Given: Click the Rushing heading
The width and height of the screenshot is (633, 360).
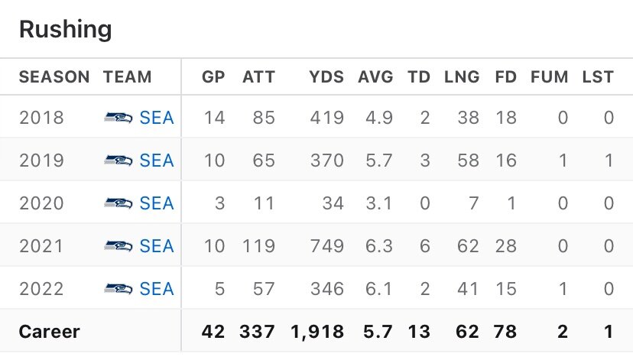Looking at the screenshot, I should (x=65, y=30).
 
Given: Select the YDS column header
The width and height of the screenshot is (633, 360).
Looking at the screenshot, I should (x=326, y=77).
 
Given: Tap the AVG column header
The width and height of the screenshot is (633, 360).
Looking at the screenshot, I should (x=375, y=77).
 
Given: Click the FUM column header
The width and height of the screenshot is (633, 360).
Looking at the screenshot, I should (x=550, y=77).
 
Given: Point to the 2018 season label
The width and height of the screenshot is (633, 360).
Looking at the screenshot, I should (x=41, y=118).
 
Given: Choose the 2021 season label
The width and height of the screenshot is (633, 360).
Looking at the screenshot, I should (x=41, y=246).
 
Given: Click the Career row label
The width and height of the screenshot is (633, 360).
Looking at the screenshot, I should (x=49, y=332).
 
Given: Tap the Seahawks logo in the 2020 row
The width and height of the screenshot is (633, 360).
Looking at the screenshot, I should (x=118, y=204).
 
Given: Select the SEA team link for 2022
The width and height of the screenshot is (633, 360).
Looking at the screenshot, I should (x=157, y=289).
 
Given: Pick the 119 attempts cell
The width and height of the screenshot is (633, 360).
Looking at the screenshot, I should (x=260, y=246).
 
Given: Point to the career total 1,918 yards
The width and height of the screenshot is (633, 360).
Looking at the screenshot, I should (x=318, y=332).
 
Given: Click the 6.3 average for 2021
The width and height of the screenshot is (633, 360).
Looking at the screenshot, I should (x=380, y=246).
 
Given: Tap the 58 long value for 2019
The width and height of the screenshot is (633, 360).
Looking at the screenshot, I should (x=468, y=161).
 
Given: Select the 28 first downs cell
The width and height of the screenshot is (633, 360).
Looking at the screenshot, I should (x=506, y=246).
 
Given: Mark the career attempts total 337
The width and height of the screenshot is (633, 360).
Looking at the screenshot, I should (x=258, y=332).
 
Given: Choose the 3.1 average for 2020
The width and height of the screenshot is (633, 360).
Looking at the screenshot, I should (x=380, y=204).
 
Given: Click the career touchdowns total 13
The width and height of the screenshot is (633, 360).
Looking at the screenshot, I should (x=418, y=332).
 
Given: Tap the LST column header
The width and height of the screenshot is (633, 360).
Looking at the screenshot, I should (x=598, y=77).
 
